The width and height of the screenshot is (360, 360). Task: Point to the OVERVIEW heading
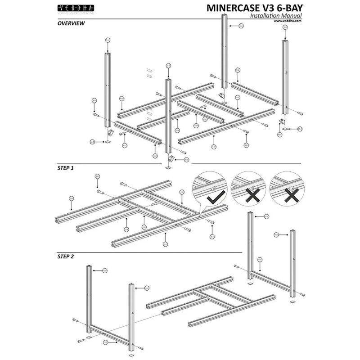click(x=71, y=23)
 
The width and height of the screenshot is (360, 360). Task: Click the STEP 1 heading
click(x=66, y=168)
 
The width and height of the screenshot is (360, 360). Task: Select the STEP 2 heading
click(x=66, y=256)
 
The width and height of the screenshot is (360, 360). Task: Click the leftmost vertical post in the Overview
click(x=108, y=90)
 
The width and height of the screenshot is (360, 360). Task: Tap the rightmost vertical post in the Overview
click(x=285, y=76)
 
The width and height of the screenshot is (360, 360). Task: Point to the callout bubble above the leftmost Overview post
click(x=108, y=40)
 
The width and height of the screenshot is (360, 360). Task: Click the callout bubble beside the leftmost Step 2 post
click(x=104, y=270)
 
